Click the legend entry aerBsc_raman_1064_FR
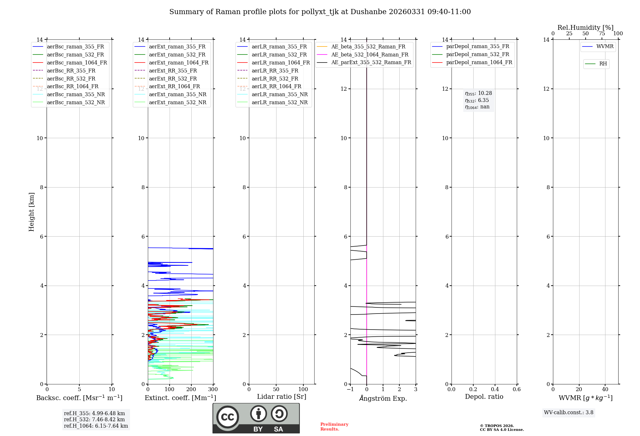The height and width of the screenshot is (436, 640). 77,63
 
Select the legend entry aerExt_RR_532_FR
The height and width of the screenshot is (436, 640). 173,79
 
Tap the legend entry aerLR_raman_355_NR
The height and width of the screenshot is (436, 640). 279,94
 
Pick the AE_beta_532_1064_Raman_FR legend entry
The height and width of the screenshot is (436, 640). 370,55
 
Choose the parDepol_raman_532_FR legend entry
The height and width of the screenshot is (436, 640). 477,55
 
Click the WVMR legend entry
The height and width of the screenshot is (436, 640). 605,46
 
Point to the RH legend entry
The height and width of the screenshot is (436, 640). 603,64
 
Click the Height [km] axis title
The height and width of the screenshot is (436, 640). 31,212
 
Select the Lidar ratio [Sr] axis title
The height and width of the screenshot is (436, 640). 282,397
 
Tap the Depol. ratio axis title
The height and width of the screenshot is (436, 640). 484,397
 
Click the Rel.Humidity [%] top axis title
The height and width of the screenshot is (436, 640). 585,28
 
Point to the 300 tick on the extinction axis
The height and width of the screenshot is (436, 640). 213,390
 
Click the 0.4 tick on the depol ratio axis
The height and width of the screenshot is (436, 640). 495,390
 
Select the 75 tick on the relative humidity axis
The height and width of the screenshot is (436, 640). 602,34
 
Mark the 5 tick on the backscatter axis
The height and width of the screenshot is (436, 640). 79,390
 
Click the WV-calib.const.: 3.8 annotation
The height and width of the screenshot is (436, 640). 568,413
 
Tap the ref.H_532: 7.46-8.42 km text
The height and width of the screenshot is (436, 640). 94,419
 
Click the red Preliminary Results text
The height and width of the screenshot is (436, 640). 334,427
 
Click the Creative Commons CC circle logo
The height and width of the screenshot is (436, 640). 228,417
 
